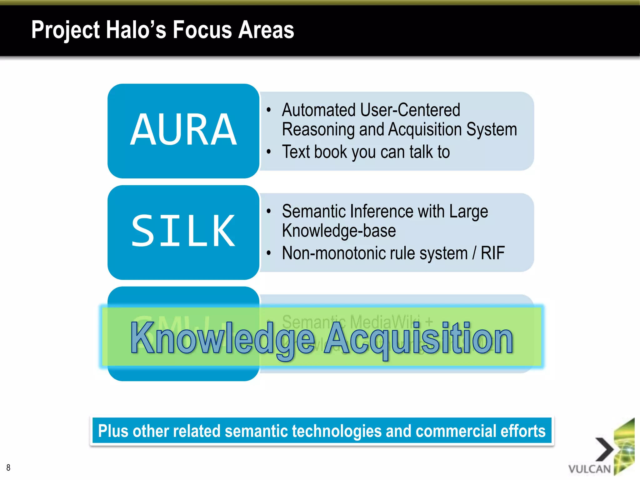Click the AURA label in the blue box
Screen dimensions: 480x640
click(x=183, y=130)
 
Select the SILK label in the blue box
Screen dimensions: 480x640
click(x=183, y=231)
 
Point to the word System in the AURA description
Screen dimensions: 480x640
click(x=492, y=129)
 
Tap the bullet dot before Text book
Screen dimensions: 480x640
click(x=268, y=152)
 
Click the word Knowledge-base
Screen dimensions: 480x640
click(x=339, y=231)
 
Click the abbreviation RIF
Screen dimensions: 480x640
click(x=492, y=253)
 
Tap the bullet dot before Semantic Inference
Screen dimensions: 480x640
click(x=268, y=211)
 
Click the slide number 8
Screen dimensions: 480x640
click(x=8, y=467)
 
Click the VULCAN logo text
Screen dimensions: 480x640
click(x=589, y=469)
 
